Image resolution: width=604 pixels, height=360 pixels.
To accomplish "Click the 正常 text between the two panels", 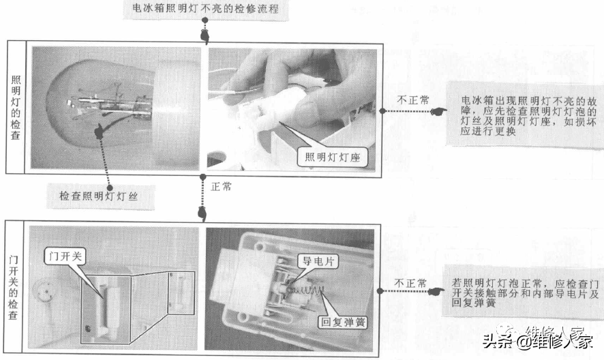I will (x=222, y=186).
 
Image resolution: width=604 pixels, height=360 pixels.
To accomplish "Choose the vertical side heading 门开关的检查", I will (x=15, y=286).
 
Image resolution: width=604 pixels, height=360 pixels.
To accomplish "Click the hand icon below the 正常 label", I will (x=202, y=213).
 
